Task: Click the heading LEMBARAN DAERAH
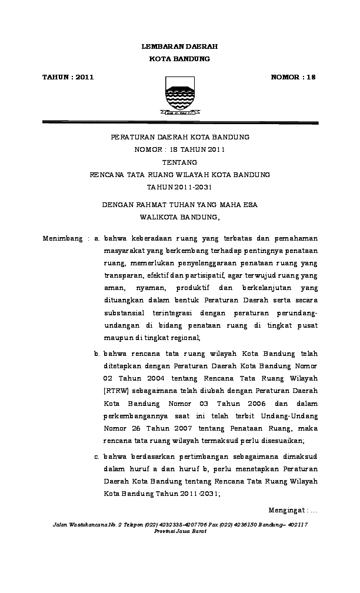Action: (x=179, y=46)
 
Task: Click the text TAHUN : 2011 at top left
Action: (x=68, y=77)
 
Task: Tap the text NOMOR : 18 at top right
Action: (x=293, y=77)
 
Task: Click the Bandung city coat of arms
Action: (x=179, y=95)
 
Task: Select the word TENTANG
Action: (x=179, y=162)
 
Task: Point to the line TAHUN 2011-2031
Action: (x=179, y=187)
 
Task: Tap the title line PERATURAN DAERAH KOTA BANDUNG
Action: (x=179, y=137)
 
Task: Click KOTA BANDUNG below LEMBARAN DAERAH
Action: (x=179, y=59)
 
